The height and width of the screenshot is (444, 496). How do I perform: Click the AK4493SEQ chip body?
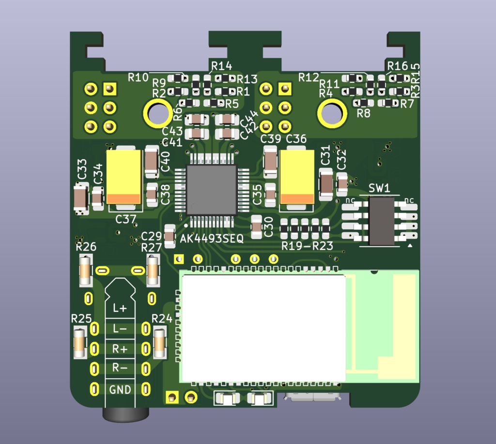point(212,190)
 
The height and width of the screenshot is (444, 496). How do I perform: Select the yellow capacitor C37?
point(124,177)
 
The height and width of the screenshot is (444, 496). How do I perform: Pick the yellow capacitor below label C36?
point(297,177)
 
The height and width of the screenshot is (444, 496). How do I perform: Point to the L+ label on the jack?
point(120,308)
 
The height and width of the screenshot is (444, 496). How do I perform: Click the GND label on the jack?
point(120,389)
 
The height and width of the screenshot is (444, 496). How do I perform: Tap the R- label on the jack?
point(120,368)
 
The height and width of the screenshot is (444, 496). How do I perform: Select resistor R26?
point(85,271)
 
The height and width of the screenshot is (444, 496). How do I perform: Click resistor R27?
point(153,271)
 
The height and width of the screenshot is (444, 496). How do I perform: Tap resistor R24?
point(160,342)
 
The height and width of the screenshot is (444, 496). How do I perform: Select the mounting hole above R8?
point(332,113)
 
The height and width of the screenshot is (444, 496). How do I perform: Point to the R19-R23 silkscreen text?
point(308,246)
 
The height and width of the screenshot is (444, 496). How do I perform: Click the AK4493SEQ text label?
point(212,238)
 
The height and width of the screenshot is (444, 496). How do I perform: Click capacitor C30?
point(257,226)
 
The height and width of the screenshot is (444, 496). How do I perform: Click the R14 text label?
point(221,66)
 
